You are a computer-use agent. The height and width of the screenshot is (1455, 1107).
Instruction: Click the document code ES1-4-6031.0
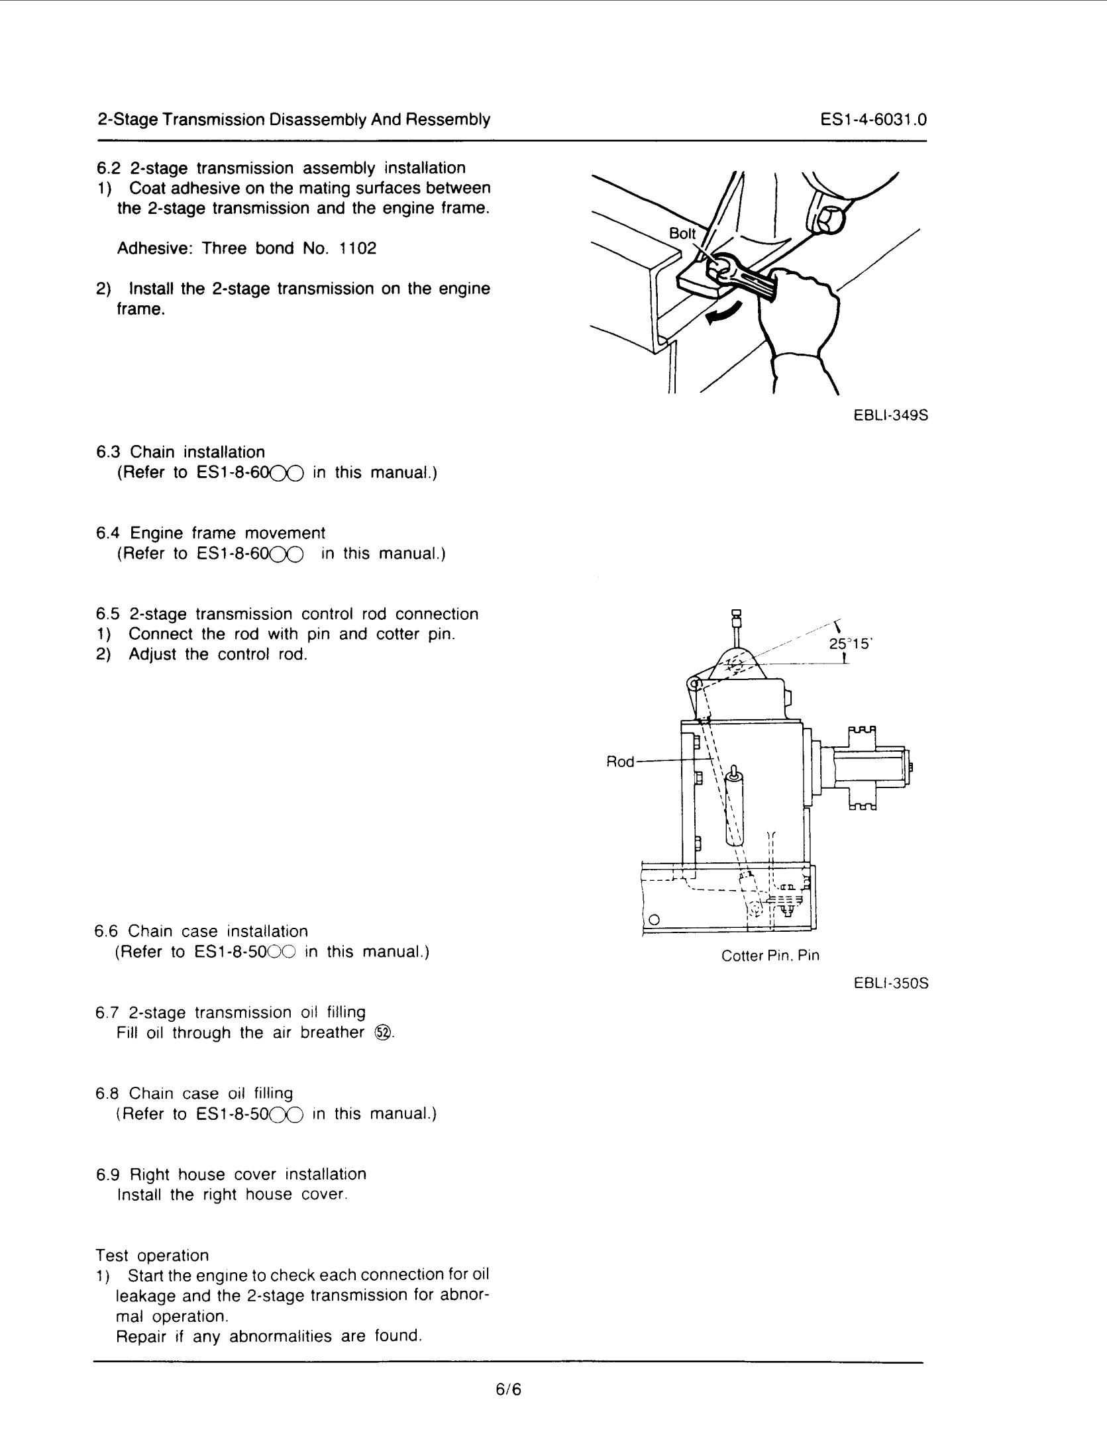[x=872, y=120]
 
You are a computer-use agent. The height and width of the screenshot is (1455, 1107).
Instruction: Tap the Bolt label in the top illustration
[x=682, y=233]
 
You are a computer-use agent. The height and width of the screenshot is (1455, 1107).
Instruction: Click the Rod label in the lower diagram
[x=620, y=762]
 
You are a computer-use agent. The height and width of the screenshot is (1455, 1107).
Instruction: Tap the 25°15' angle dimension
[x=851, y=642]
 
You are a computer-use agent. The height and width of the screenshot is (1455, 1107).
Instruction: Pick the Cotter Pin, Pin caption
[x=770, y=956]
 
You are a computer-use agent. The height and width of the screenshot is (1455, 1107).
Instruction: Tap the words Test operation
[x=152, y=1255]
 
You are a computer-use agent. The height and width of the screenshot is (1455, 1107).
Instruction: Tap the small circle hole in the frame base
[x=654, y=919]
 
